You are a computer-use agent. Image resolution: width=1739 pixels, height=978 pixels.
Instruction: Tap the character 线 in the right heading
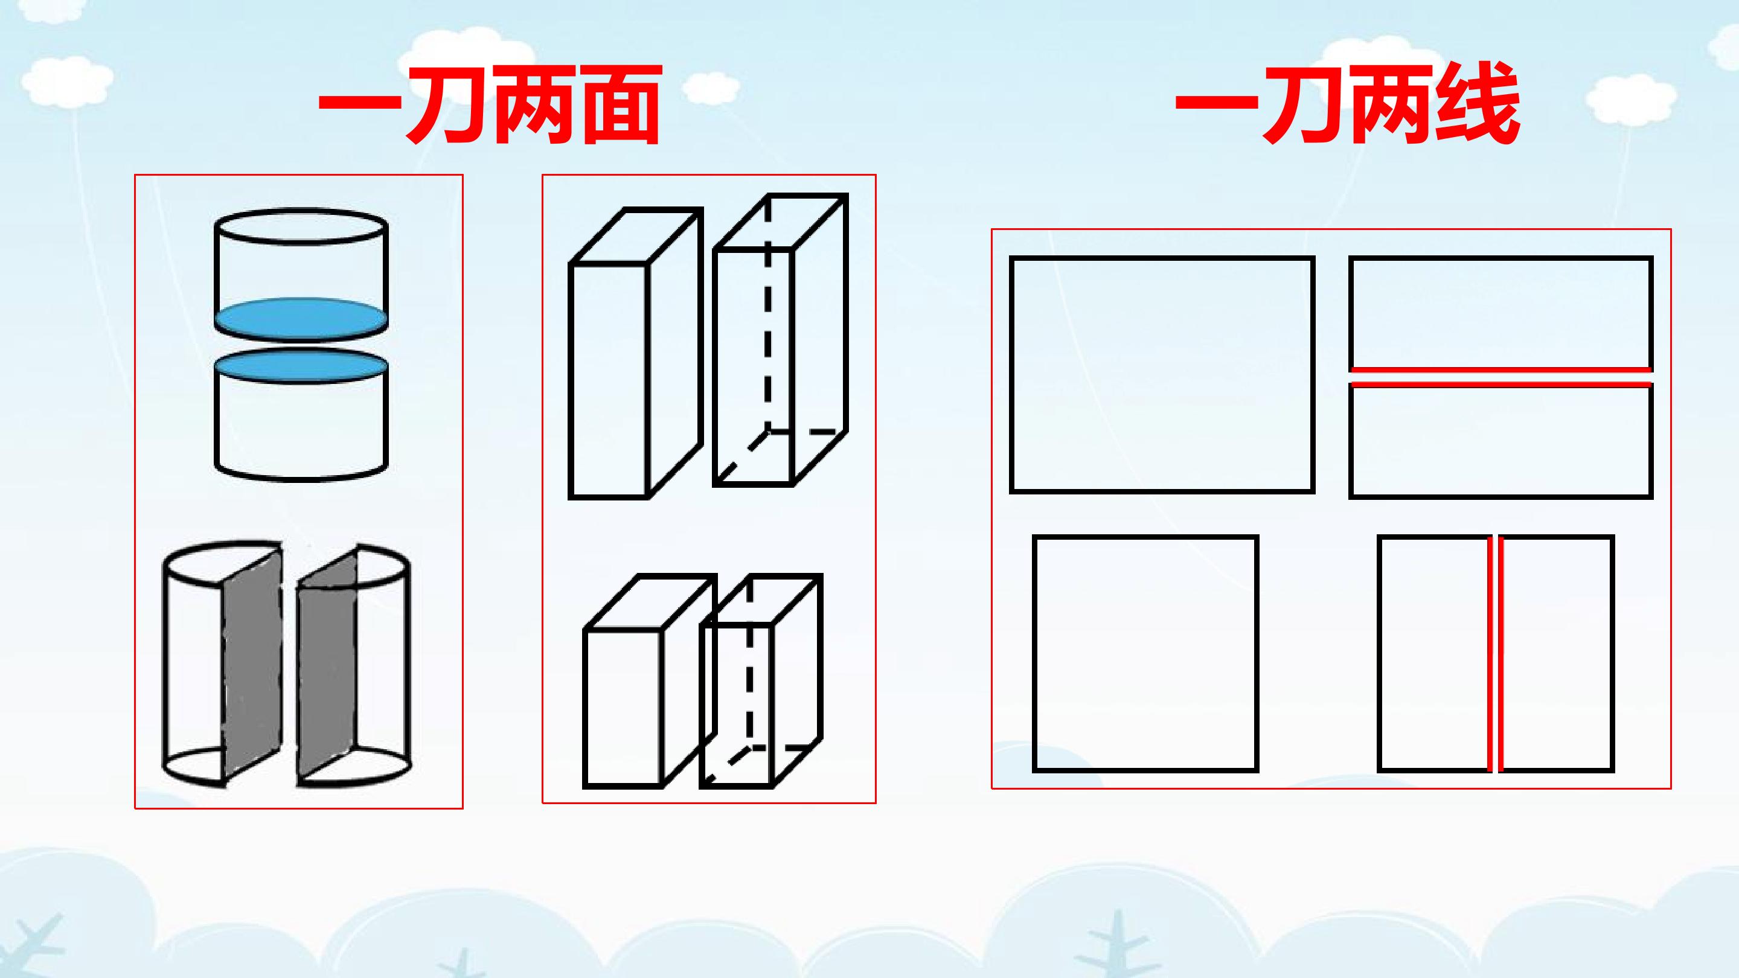click(x=1478, y=104)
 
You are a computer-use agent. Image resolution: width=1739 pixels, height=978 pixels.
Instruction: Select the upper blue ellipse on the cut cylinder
click(x=301, y=318)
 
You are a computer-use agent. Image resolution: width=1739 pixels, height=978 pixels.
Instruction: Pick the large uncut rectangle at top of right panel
click(x=1162, y=374)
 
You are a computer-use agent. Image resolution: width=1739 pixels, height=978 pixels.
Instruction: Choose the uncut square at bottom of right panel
click(x=1145, y=653)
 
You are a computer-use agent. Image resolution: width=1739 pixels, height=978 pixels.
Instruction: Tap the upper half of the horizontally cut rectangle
click(x=1500, y=313)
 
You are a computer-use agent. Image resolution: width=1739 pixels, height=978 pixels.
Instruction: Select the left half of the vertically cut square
click(x=1434, y=653)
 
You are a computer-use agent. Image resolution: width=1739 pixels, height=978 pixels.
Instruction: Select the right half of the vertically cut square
click(x=1557, y=653)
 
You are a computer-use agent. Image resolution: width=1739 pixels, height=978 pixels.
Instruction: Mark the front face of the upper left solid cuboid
click(x=609, y=381)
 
